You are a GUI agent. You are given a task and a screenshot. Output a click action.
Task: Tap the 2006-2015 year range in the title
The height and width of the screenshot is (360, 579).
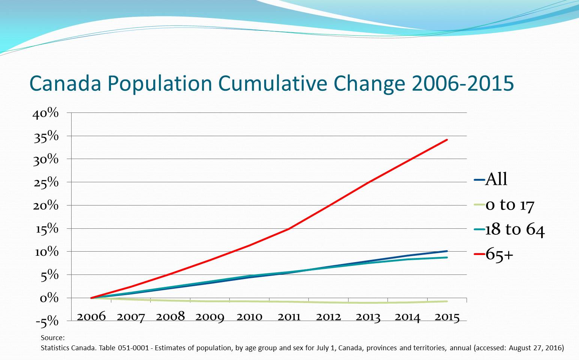pyautogui.click(x=462, y=83)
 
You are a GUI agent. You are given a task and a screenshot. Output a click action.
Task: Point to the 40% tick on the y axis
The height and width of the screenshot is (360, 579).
pyautogui.click(x=46, y=113)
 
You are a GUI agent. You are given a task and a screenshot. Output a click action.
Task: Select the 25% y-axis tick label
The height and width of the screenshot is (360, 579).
pyautogui.click(x=46, y=183)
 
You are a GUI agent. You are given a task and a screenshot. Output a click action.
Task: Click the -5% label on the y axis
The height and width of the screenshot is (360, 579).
pyautogui.click(x=47, y=321)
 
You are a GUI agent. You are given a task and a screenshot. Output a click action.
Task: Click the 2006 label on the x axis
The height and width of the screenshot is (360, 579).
pyautogui.click(x=91, y=317)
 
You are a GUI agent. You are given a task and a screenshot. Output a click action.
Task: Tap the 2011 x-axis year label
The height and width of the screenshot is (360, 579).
pyautogui.click(x=289, y=317)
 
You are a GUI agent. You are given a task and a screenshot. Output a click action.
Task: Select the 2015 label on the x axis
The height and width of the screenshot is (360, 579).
pyautogui.click(x=447, y=317)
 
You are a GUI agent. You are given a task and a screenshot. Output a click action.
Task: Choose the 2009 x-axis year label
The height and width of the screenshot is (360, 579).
pyautogui.click(x=210, y=317)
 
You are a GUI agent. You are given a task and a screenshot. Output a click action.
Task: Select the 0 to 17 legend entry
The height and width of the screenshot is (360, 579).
pyautogui.click(x=509, y=205)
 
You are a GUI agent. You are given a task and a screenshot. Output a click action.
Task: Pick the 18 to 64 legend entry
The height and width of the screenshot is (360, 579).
pyautogui.click(x=515, y=229)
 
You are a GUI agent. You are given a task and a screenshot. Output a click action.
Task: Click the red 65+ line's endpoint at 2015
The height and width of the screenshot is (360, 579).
pyautogui.click(x=447, y=140)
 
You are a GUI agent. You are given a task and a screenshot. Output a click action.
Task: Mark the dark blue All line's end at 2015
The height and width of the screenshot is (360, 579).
pyautogui.click(x=447, y=251)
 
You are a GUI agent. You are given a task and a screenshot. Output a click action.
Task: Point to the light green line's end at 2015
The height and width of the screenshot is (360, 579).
pyautogui.click(x=447, y=301)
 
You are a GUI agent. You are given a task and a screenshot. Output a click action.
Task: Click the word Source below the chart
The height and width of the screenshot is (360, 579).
pyautogui.click(x=52, y=338)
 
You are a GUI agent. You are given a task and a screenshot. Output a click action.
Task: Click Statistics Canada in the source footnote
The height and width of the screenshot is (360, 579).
pyautogui.click(x=68, y=348)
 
